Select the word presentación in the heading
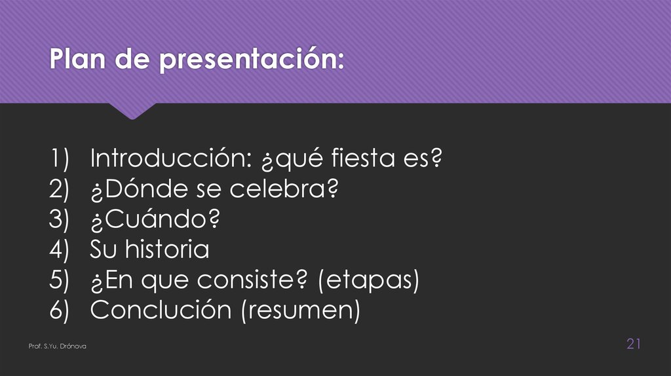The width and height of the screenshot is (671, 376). [x=251, y=62]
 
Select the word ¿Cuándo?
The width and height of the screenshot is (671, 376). [x=155, y=219]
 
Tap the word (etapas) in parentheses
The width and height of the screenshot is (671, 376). [x=368, y=280]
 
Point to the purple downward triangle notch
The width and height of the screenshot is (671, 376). [x=132, y=111]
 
